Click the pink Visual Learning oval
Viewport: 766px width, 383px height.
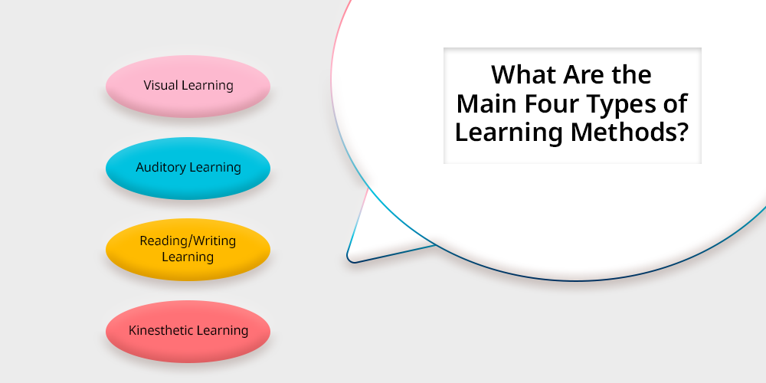(188, 86)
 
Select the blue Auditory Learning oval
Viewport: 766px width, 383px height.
(188, 168)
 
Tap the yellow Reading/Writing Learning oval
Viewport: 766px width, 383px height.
(188, 249)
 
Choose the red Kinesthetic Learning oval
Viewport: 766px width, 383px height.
(188, 331)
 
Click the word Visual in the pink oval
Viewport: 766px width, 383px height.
(161, 85)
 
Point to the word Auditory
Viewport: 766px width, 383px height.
(161, 168)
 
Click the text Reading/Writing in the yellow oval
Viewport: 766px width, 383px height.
(188, 241)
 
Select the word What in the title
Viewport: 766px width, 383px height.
(524, 75)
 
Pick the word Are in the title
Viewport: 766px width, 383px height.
(584, 75)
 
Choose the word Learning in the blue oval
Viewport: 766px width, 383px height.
(215, 168)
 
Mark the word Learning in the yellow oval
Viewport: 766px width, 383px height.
(188, 257)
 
